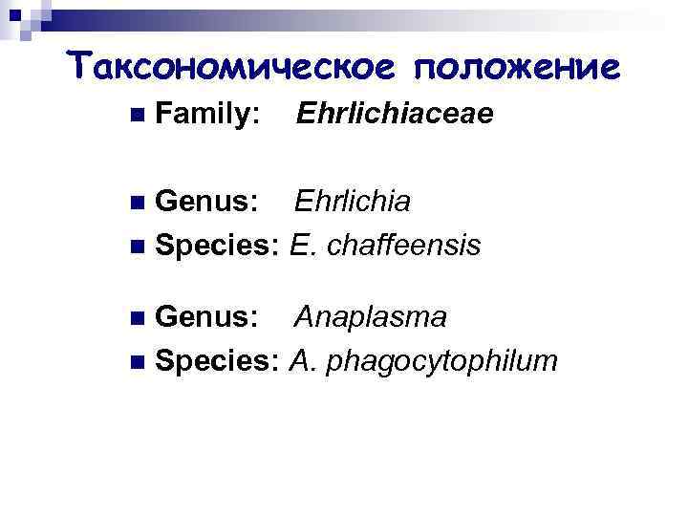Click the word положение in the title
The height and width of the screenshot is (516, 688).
(516, 66)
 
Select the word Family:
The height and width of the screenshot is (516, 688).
(205, 117)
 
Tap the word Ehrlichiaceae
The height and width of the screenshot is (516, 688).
(395, 116)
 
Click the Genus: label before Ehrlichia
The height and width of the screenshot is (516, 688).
(205, 202)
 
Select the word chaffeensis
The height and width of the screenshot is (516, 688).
(403, 246)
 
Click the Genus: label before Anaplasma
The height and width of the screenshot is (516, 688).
(205, 317)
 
